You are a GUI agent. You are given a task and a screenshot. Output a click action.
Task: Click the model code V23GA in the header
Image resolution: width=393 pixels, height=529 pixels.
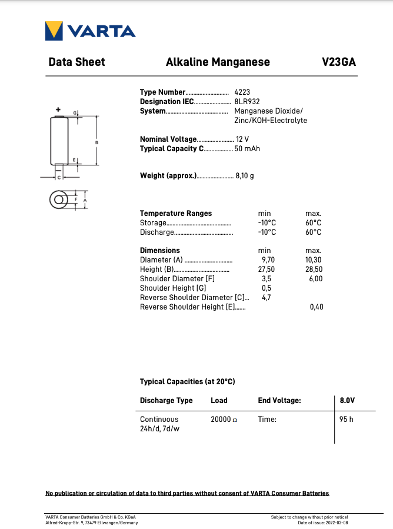click(x=339, y=62)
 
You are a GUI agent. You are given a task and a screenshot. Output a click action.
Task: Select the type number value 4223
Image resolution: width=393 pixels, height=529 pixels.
click(x=242, y=92)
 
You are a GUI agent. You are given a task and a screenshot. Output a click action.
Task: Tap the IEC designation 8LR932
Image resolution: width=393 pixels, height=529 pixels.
click(x=247, y=102)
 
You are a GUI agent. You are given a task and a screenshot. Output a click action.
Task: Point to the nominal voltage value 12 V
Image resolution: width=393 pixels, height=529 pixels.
click(x=242, y=139)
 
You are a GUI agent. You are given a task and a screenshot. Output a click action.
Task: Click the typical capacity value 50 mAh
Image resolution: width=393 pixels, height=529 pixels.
click(x=247, y=149)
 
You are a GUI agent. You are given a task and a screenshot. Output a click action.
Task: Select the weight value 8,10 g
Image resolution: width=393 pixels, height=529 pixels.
click(x=245, y=176)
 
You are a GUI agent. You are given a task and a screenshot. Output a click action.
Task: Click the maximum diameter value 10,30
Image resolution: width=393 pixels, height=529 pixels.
click(x=314, y=259)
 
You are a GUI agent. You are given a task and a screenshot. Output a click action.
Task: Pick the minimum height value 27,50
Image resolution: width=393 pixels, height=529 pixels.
click(x=267, y=269)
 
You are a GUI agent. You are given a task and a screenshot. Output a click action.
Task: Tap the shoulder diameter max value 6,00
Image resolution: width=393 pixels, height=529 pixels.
click(x=316, y=278)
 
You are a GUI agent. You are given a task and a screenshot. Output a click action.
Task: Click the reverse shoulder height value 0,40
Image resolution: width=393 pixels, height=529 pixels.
click(x=317, y=307)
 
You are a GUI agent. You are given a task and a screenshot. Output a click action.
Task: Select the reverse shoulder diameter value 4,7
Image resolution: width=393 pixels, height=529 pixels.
click(x=267, y=297)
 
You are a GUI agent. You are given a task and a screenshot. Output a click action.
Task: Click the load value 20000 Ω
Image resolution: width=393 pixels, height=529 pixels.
click(x=224, y=420)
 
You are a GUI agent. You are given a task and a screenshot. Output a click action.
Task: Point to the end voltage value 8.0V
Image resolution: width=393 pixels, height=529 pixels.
click(x=348, y=400)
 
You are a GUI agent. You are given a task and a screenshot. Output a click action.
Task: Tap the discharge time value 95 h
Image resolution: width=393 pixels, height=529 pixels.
click(x=347, y=420)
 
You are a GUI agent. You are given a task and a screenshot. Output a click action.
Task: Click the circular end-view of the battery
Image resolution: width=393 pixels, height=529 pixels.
click(x=60, y=200)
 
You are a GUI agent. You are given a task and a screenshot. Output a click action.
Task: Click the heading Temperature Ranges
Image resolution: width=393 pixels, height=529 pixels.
click(x=176, y=213)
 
